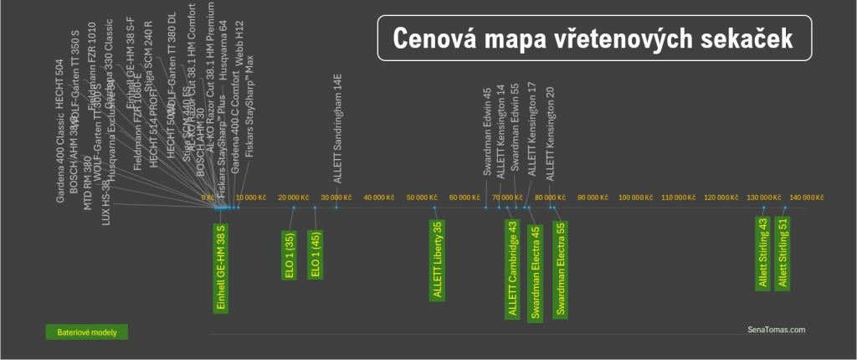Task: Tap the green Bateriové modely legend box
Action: (x=87, y=332)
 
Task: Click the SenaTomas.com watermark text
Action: (x=776, y=330)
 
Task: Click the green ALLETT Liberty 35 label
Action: (x=438, y=260)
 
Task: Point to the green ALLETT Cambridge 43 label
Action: (x=512, y=268)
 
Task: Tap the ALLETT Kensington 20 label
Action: (x=550, y=134)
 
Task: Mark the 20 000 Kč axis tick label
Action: (x=294, y=198)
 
